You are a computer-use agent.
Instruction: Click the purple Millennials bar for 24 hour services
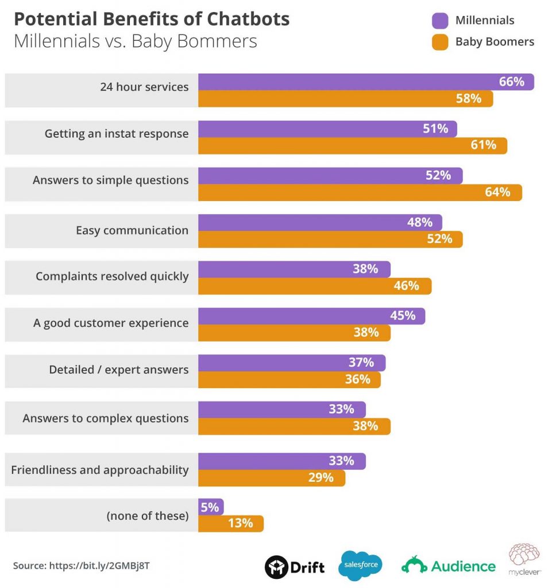coord(366,82)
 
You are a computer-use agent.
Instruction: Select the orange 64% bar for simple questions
coord(360,192)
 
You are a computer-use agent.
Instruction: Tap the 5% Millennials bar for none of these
coord(211,507)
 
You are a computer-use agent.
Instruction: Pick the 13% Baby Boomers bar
coord(230,524)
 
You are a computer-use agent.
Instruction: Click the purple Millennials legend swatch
coord(440,21)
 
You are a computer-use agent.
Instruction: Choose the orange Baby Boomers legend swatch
coord(440,42)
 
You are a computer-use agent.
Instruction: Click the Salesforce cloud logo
coord(361,566)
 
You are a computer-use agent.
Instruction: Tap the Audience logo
coord(448,566)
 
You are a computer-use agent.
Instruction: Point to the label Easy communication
coord(132,230)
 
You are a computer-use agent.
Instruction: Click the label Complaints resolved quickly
coord(112,276)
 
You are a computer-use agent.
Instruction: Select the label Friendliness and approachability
coord(100,470)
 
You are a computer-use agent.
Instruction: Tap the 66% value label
coord(511,82)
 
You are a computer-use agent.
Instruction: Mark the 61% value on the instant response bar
coord(483,145)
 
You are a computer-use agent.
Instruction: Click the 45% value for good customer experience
coord(403,316)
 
